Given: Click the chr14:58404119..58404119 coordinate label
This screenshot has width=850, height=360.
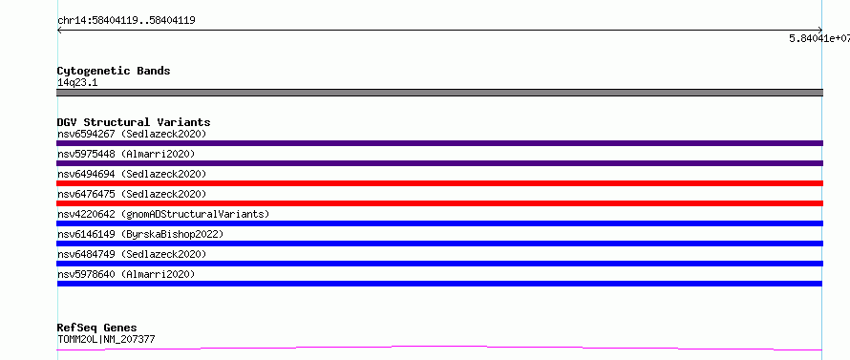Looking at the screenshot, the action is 126,21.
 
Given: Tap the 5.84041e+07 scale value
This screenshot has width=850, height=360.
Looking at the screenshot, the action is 819,38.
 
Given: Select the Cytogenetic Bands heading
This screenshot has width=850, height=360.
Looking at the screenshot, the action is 114,71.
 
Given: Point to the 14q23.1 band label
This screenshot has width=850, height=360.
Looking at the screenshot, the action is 77,83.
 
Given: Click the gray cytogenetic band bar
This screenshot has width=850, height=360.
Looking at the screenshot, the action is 439,93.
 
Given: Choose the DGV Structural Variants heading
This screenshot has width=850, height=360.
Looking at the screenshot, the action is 134,122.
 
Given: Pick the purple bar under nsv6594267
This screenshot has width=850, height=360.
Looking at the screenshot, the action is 439,143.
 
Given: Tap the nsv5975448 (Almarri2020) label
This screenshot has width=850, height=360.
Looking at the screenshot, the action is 126,154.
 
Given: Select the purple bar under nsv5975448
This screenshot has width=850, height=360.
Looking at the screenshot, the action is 439,163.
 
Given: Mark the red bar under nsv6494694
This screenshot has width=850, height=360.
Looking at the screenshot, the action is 439,183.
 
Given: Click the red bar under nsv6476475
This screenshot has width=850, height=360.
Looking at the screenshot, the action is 439,203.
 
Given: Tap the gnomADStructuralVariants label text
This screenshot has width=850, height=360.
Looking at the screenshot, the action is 195,214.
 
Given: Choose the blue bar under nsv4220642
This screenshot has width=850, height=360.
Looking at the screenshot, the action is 439,223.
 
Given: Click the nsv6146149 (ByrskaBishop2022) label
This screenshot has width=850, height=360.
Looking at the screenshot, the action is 140,234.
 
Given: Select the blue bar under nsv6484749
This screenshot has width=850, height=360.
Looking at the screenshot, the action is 439,264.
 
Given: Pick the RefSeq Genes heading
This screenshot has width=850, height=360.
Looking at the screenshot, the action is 97,328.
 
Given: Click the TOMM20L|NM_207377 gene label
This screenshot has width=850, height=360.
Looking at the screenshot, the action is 106,340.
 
